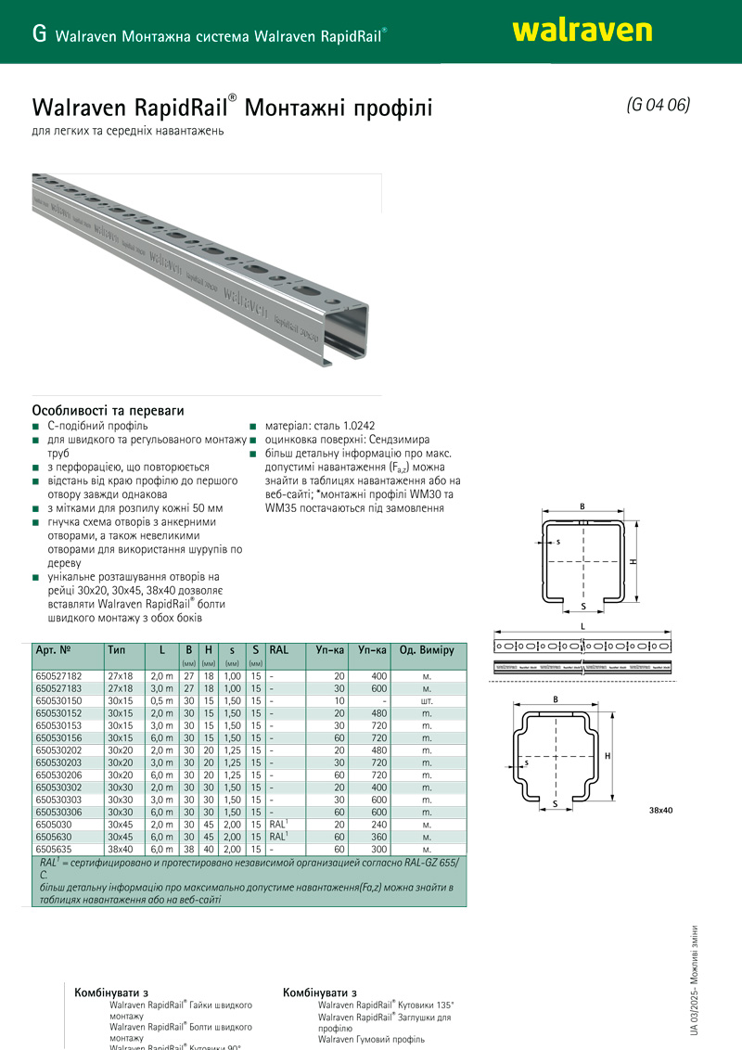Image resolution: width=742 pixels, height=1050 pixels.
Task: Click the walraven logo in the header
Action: click(x=582, y=31)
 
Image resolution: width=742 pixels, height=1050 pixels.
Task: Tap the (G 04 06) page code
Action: click(x=659, y=105)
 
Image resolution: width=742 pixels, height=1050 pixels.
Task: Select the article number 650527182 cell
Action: click(x=58, y=677)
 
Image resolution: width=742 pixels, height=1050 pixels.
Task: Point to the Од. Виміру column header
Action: click(x=427, y=650)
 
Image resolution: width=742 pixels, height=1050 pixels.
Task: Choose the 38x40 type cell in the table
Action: click(x=121, y=849)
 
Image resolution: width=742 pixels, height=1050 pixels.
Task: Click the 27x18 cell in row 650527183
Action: click(x=121, y=689)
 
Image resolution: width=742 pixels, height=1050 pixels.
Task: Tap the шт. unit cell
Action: click(x=427, y=701)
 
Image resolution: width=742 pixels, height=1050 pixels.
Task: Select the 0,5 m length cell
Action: click(x=162, y=701)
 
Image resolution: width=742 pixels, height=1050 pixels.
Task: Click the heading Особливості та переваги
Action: click(x=108, y=409)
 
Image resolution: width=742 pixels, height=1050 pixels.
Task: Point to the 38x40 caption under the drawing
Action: click(x=660, y=811)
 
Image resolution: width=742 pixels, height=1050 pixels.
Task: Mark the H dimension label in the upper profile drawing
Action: click(x=633, y=562)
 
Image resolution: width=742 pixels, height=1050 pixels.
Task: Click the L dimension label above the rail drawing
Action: click(x=582, y=627)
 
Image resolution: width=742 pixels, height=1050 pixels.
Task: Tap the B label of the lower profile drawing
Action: click(x=555, y=698)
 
